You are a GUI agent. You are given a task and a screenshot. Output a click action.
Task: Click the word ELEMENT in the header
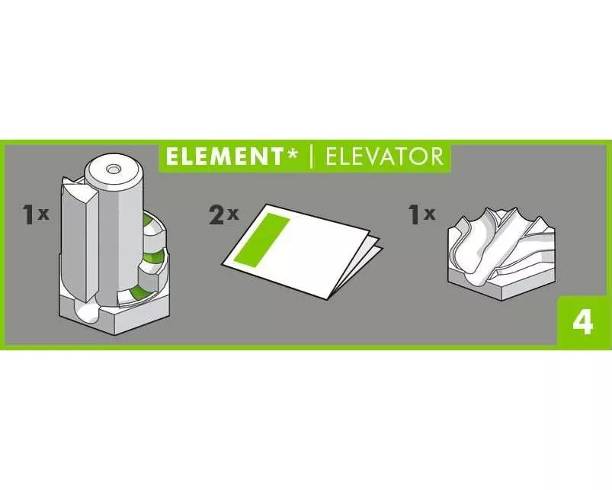223,156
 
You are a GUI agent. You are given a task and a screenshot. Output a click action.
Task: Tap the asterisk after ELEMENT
291,154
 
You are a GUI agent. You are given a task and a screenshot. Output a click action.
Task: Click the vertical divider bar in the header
311,157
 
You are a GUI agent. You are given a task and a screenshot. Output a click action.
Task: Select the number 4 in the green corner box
583,323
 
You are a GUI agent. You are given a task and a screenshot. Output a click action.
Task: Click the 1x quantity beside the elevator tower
36,215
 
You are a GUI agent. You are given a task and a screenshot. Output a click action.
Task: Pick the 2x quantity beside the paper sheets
223,215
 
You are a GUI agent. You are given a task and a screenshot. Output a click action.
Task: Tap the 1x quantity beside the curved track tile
421,215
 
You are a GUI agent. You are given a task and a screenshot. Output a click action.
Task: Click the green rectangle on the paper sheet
261,239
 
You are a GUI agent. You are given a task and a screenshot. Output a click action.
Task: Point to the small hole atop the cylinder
114,169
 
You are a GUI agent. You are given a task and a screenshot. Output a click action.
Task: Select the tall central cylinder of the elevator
114,230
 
